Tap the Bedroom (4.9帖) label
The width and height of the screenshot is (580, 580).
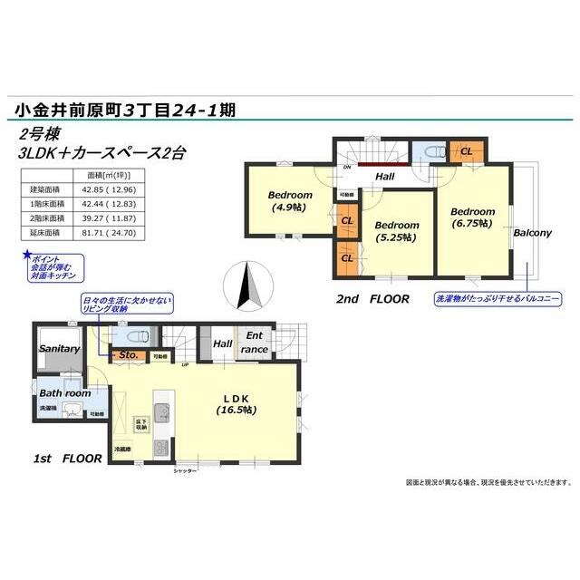point(290,200)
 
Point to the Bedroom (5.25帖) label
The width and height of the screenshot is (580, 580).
point(397,231)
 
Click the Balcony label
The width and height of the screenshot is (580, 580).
point(532,233)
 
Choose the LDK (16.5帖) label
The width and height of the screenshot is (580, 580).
point(237,404)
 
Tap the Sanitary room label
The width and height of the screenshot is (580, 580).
point(60,349)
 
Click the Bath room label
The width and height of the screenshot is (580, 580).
point(63,393)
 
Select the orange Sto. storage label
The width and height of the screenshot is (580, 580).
point(128,355)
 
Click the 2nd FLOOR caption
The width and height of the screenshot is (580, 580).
point(372,298)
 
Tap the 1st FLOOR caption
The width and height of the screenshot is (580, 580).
point(68,459)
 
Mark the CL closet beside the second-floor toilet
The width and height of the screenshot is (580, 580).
point(466,151)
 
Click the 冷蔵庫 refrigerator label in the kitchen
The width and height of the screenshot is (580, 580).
point(123,449)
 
